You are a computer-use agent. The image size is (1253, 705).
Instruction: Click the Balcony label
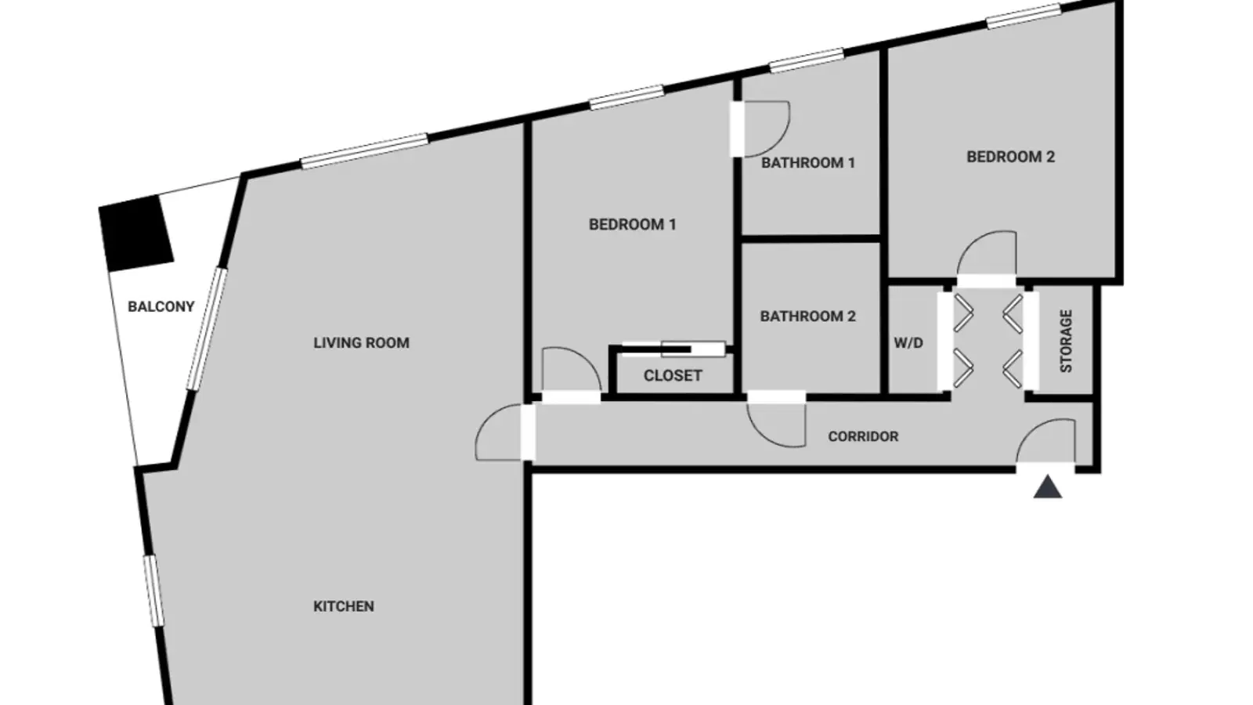tap(161, 306)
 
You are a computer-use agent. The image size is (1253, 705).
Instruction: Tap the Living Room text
tap(361, 343)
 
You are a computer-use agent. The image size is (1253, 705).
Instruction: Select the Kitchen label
tap(344, 606)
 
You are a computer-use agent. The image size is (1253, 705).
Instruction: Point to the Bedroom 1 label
tap(633, 224)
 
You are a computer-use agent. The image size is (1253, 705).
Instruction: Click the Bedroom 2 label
tap(1011, 157)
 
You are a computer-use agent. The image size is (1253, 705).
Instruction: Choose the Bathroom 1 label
tap(808, 163)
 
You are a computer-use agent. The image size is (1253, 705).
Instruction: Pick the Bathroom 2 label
tap(808, 316)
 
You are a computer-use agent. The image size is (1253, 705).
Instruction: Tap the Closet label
tap(673, 375)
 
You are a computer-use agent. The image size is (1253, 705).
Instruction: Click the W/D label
tap(908, 343)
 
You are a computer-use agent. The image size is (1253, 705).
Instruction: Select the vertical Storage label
tap(1066, 342)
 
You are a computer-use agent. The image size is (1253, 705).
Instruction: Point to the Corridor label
tap(863, 436)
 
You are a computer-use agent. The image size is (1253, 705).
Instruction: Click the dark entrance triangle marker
tap(1048, 487)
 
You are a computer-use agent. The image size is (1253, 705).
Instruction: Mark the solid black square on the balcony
tap(136, 233)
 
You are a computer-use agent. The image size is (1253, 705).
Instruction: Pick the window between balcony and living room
tap(207, 329)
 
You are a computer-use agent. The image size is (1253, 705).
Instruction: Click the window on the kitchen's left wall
tap(153, 591)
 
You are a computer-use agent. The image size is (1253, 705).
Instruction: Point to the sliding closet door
tap(673, 349)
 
